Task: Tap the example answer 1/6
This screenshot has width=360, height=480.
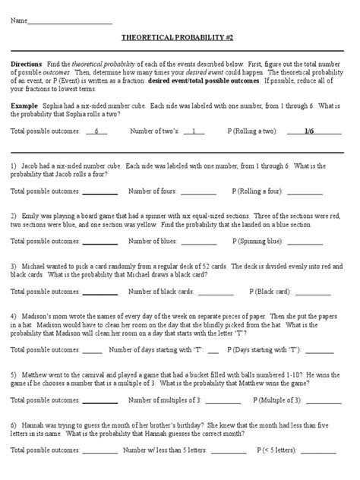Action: [308, 131]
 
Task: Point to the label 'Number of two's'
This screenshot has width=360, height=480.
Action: [157, 131]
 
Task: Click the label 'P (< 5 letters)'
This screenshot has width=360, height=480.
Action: [279, 449]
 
